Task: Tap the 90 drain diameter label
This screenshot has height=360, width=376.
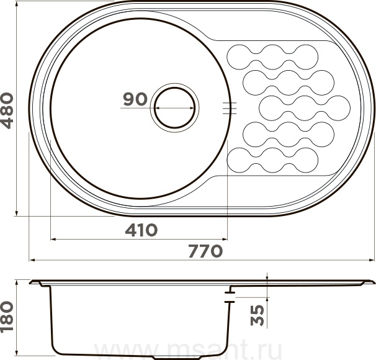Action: tap(135, 99)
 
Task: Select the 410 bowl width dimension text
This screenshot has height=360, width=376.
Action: tap(141, 230)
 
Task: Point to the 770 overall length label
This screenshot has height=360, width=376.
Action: tap(205, 251)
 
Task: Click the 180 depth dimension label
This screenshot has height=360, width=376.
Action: tap(7, 317)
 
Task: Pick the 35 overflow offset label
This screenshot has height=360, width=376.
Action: tap(257, 315)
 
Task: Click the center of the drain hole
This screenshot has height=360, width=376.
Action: tap(174, 107)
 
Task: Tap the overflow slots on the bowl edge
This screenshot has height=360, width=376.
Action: tap(230, 108)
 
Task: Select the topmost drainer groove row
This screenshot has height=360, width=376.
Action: tap(272, 57)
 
